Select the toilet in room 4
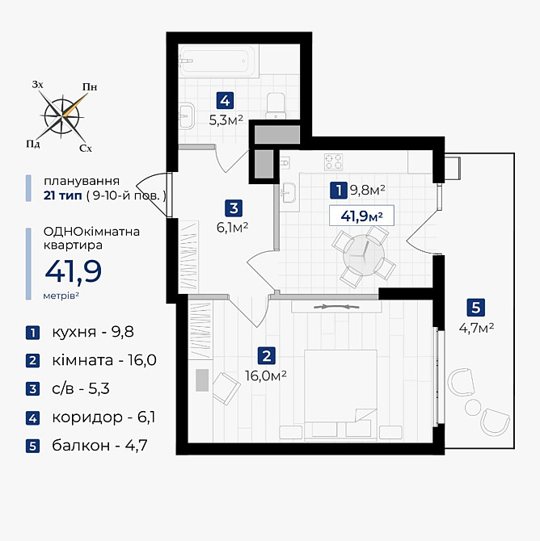pos(276,103)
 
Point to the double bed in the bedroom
pos(340,386)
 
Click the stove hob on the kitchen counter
pos(335,161)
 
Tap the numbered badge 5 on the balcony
pos(476,307)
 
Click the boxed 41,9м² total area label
pos(361,216)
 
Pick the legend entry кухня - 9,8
pos(79,332)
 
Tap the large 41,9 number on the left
pos(73,272)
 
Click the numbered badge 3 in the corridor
pos(232,207)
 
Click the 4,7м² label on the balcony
pos(476,327)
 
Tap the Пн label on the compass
pos(90,87)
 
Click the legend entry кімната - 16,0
pos(90,360)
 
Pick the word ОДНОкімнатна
pos(91,232)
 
